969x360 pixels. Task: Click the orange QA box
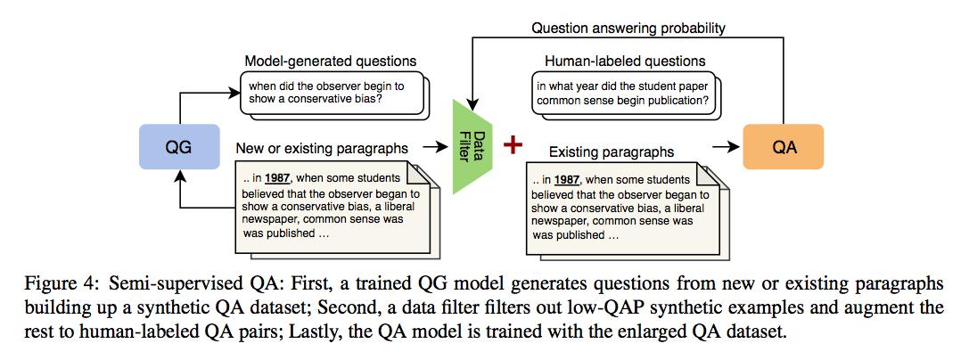pos(783,147)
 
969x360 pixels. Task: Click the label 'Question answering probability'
pos(628,28)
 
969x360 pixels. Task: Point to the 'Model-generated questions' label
pos(330,61)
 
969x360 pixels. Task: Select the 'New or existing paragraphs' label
pos(324,146)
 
